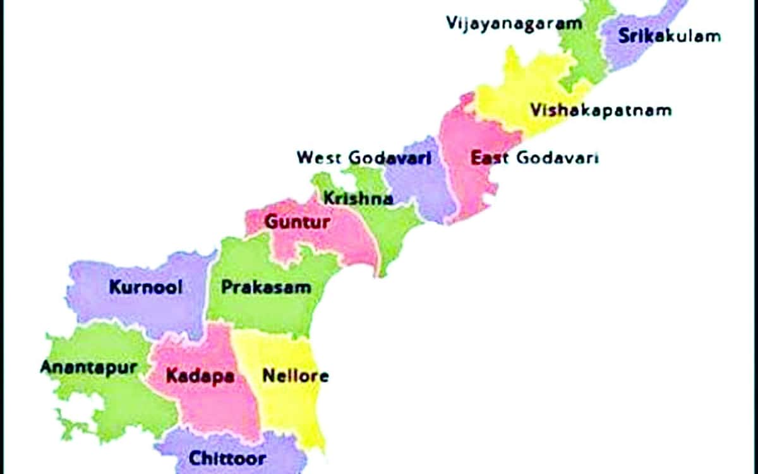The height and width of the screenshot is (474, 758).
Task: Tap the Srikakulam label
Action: click(x=669, y=35)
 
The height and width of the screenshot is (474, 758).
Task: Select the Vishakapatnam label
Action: click(x=600, y=110)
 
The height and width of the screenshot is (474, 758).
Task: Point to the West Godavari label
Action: click(x=364, y=157)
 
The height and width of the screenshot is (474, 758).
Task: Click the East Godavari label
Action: click(x=534, y=157)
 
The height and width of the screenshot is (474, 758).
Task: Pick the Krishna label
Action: click(x=358, y=198)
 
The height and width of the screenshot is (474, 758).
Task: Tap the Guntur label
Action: click(x=297, y=222)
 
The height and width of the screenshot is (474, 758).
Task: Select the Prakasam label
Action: click(x=266, y=287)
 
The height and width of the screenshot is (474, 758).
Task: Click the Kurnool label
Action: click(x=146, y=287)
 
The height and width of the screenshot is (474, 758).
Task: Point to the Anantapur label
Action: click(x=88, y=367)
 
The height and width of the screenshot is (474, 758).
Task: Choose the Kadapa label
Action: click(x=200, y=377)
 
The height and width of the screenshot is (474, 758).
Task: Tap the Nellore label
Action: click(x=295, y=376)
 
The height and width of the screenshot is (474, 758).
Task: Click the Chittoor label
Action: click(x=227, y=458)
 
